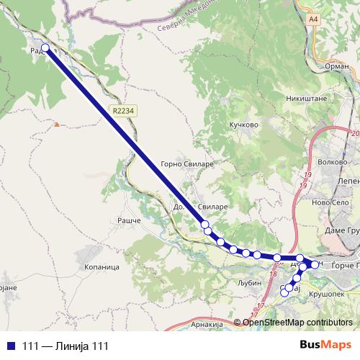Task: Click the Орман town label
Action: [x=337, y=66]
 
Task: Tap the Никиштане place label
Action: [x=307, y=97]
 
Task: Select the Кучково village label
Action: [x=243, y=124]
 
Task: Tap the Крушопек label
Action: [x=330, y=294]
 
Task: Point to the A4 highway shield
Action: [x=312, y=19]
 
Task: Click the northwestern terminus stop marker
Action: [x=45, y=48]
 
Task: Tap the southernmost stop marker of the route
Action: [x=285, y=292]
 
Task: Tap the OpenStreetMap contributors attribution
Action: [x=294, y=322]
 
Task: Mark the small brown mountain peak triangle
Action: [x=56, y=125]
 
